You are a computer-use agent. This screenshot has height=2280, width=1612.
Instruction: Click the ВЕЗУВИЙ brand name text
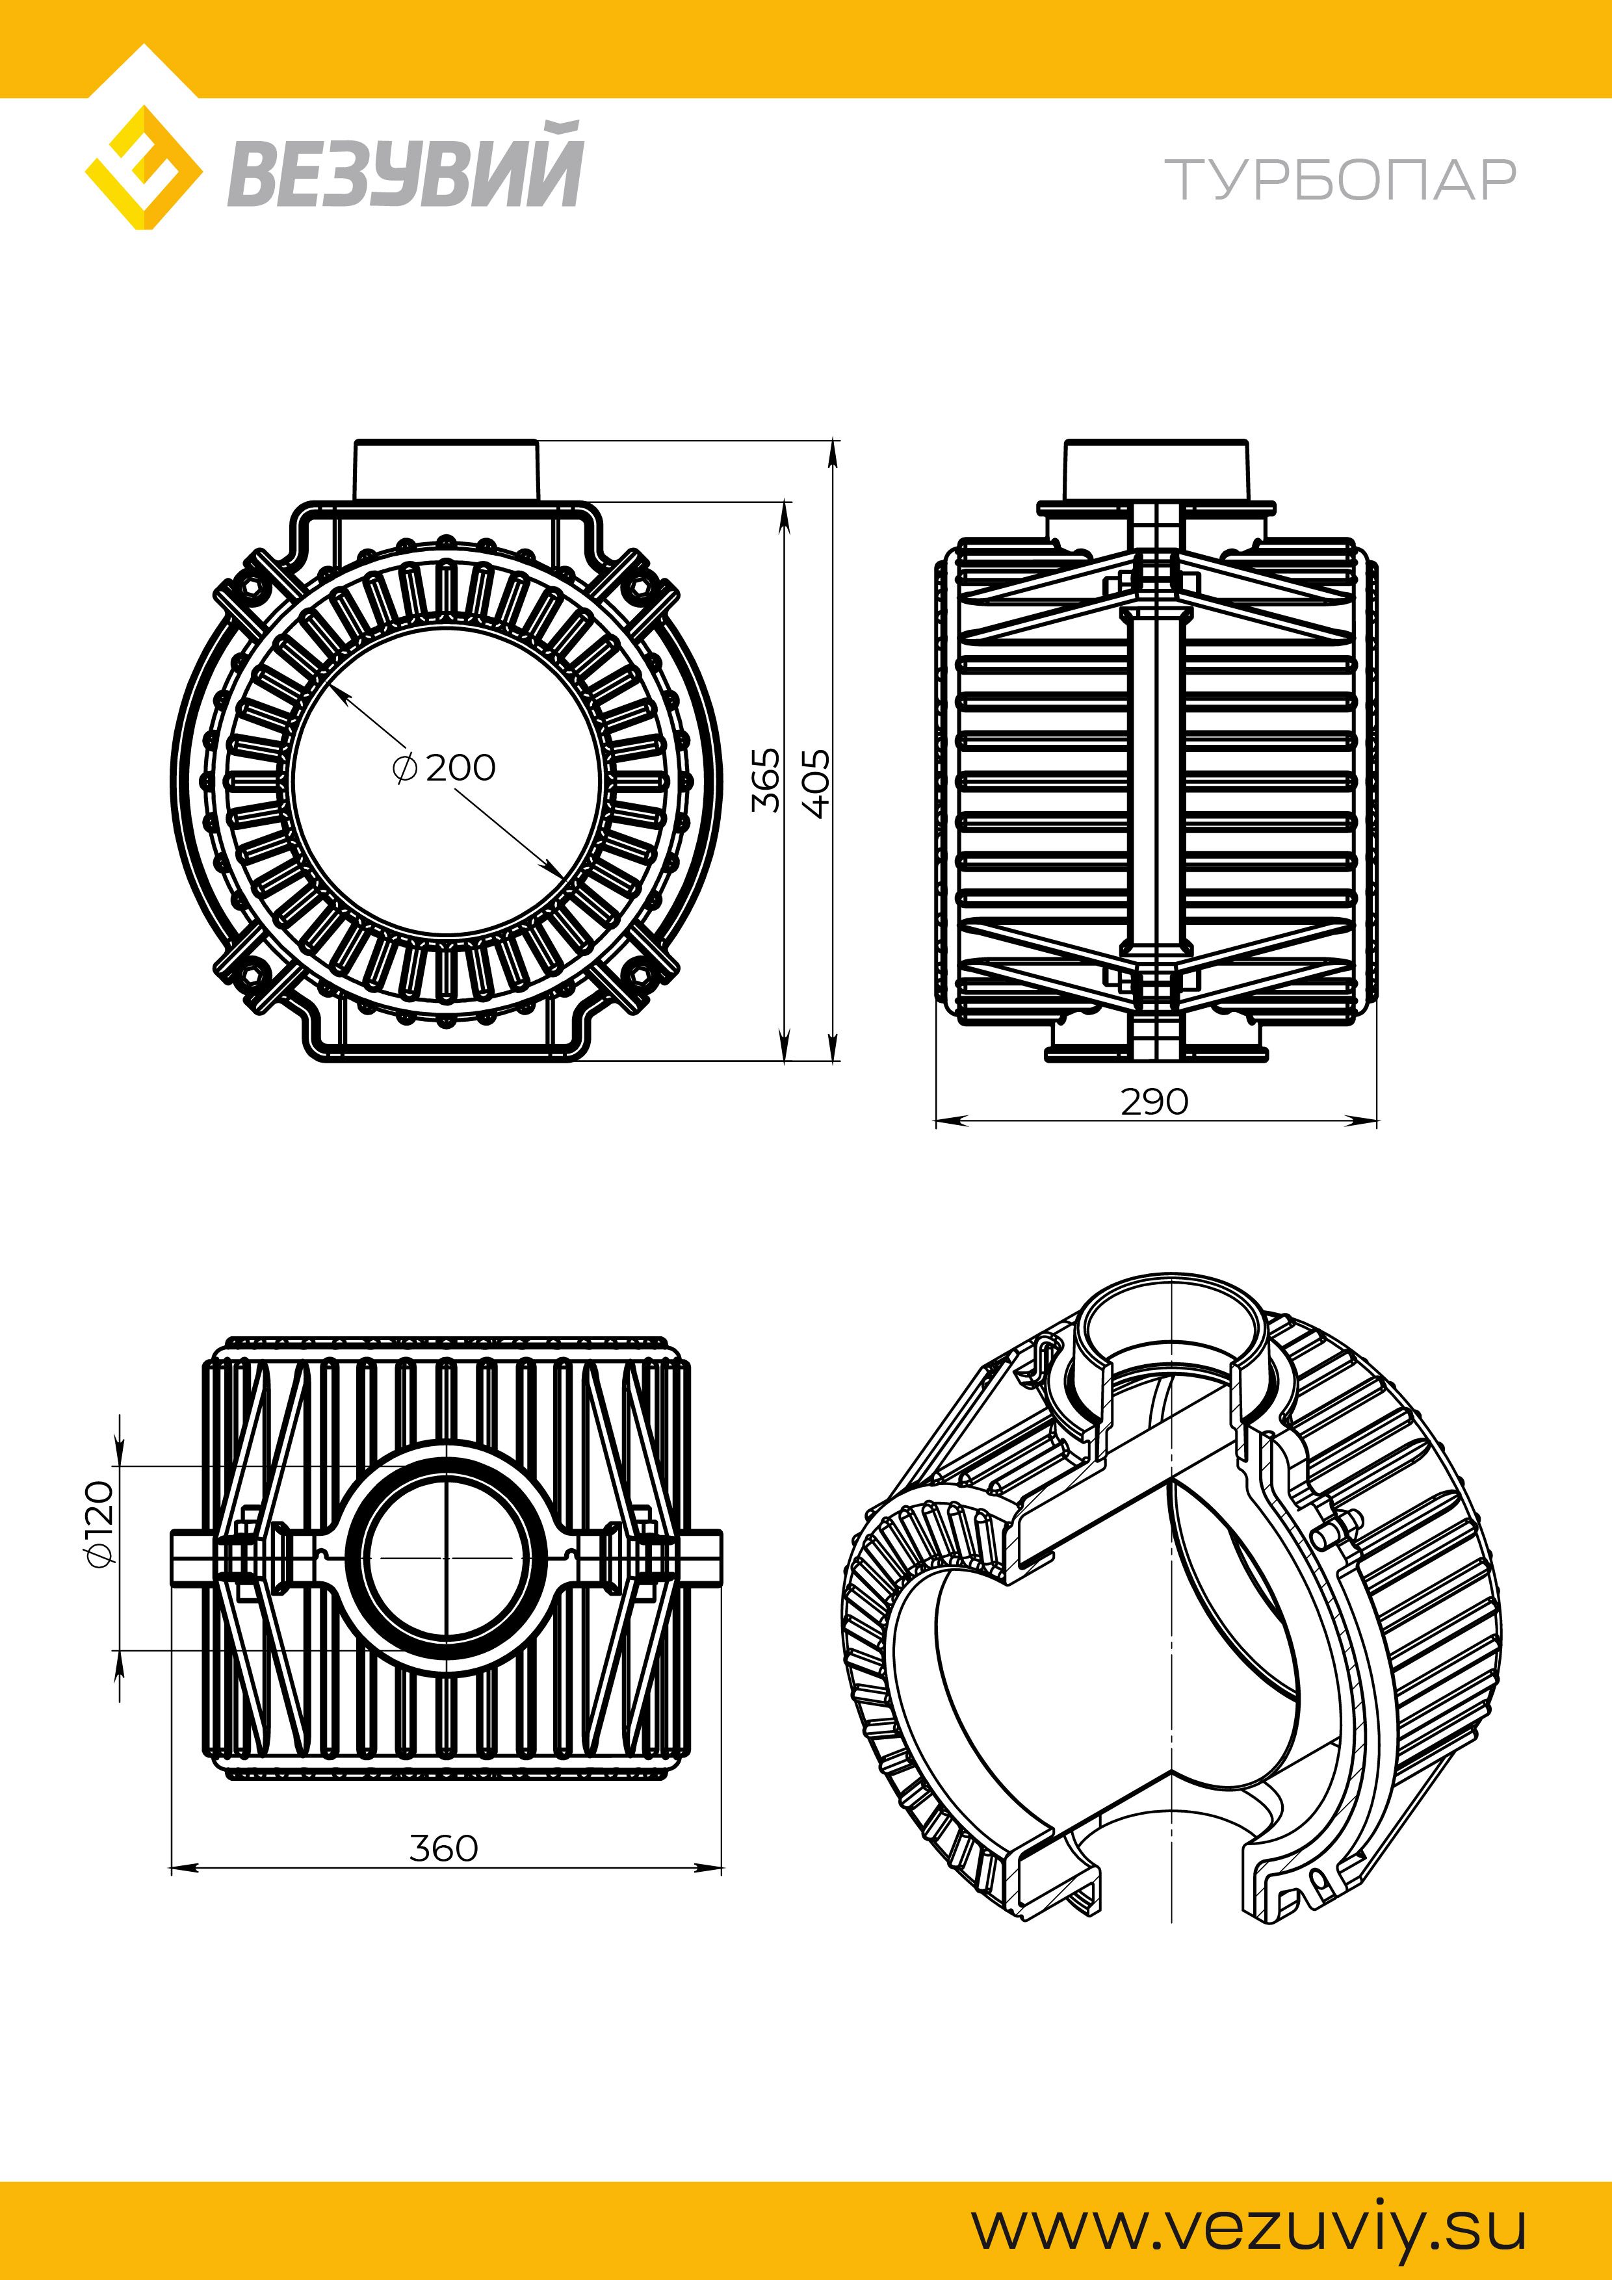405,166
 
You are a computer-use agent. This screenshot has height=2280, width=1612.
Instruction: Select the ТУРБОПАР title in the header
1341,180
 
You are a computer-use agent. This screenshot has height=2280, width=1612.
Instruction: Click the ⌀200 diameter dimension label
444,768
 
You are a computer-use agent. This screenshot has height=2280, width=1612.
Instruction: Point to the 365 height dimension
765,781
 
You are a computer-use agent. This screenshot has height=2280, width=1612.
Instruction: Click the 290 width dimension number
1154,1101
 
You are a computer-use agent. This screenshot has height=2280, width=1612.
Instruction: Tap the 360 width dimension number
444,1848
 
